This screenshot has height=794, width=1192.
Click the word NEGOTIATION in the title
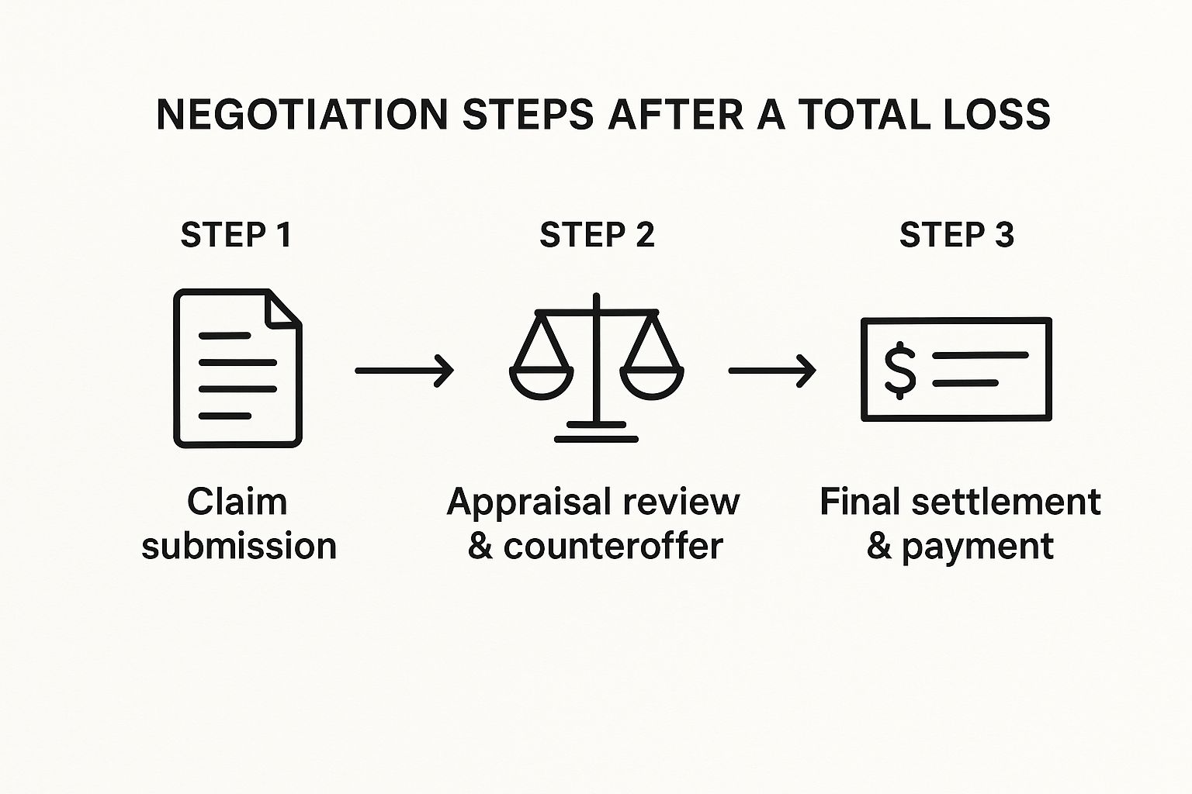click(302, 115)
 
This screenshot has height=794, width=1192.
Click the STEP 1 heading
click(236, 235)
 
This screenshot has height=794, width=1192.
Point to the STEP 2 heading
click(597, 235)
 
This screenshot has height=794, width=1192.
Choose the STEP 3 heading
click(956, 235)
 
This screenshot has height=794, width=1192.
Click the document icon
click(237, 368)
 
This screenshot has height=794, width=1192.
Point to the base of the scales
click(596, 433)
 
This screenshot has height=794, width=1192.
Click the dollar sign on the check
click(900, 370)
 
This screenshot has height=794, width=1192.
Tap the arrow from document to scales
click(404, 370)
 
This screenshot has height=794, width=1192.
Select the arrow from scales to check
click(771, 370)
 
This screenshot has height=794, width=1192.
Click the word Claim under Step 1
click(237, 502)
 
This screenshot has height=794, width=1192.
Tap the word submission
click(239, 546)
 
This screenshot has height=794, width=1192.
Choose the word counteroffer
click(613, 546)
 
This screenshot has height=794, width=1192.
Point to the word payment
click(978, 546)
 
